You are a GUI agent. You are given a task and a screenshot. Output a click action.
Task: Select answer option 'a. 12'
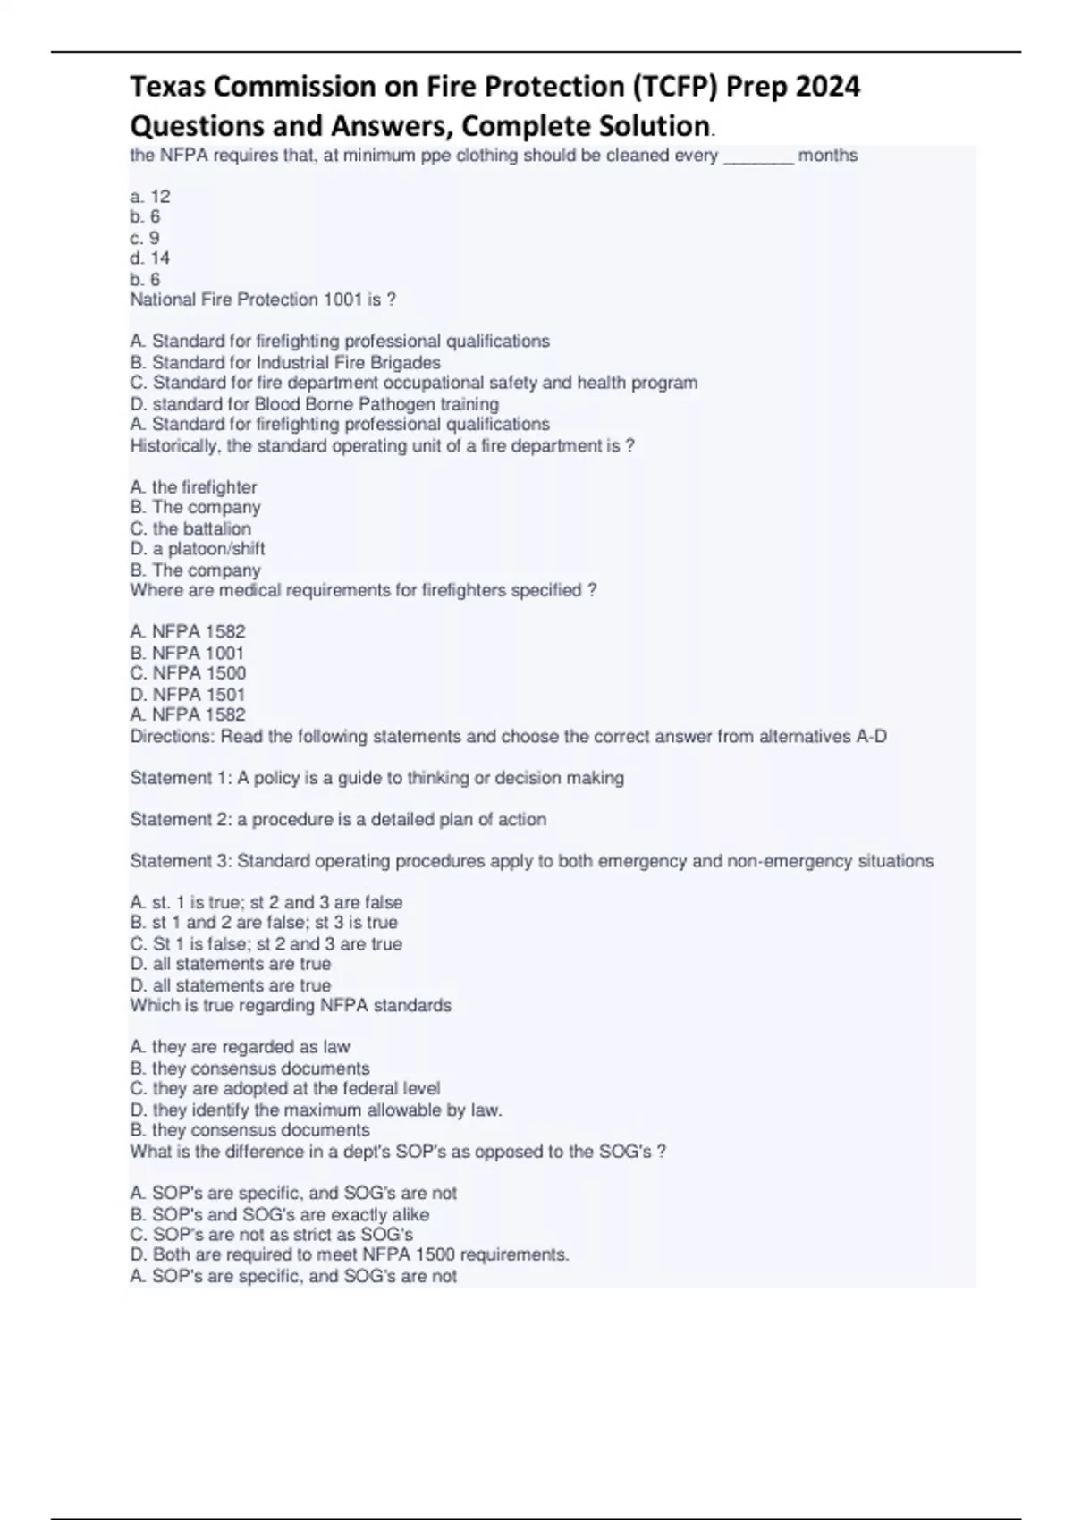[150, 196]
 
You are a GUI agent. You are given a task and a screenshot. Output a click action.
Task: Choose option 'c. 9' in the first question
[145, 238]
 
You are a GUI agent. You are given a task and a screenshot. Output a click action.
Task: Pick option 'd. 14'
[150, 258]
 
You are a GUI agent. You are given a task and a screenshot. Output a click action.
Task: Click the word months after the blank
[827, 156]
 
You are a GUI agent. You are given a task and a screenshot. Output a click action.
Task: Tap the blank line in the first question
[757, 159]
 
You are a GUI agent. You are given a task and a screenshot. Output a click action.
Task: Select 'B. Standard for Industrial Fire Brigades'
[285, 362]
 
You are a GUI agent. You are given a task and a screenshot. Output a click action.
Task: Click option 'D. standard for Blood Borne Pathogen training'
[314, 404]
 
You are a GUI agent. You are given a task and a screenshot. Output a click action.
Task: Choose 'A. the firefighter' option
[193, 487]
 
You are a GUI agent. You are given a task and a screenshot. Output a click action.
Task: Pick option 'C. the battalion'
[190, 528]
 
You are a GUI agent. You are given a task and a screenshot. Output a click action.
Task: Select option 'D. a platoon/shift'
[198, 549]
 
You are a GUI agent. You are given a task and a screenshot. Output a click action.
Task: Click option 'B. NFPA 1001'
[187, 653]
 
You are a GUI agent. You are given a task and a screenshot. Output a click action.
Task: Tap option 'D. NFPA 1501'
[188, 695]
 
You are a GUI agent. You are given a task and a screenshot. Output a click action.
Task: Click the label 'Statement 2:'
[181, 819]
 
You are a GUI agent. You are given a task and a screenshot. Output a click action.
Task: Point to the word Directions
[172, 737]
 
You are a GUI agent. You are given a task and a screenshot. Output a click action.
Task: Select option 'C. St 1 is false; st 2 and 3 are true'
[266, 943]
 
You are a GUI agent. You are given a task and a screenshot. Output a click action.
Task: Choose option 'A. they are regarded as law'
[240, 1047]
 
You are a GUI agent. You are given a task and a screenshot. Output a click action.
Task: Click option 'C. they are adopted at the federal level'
[285, 1088]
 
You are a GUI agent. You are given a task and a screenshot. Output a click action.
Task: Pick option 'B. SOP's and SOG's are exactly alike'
[280, 1214]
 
